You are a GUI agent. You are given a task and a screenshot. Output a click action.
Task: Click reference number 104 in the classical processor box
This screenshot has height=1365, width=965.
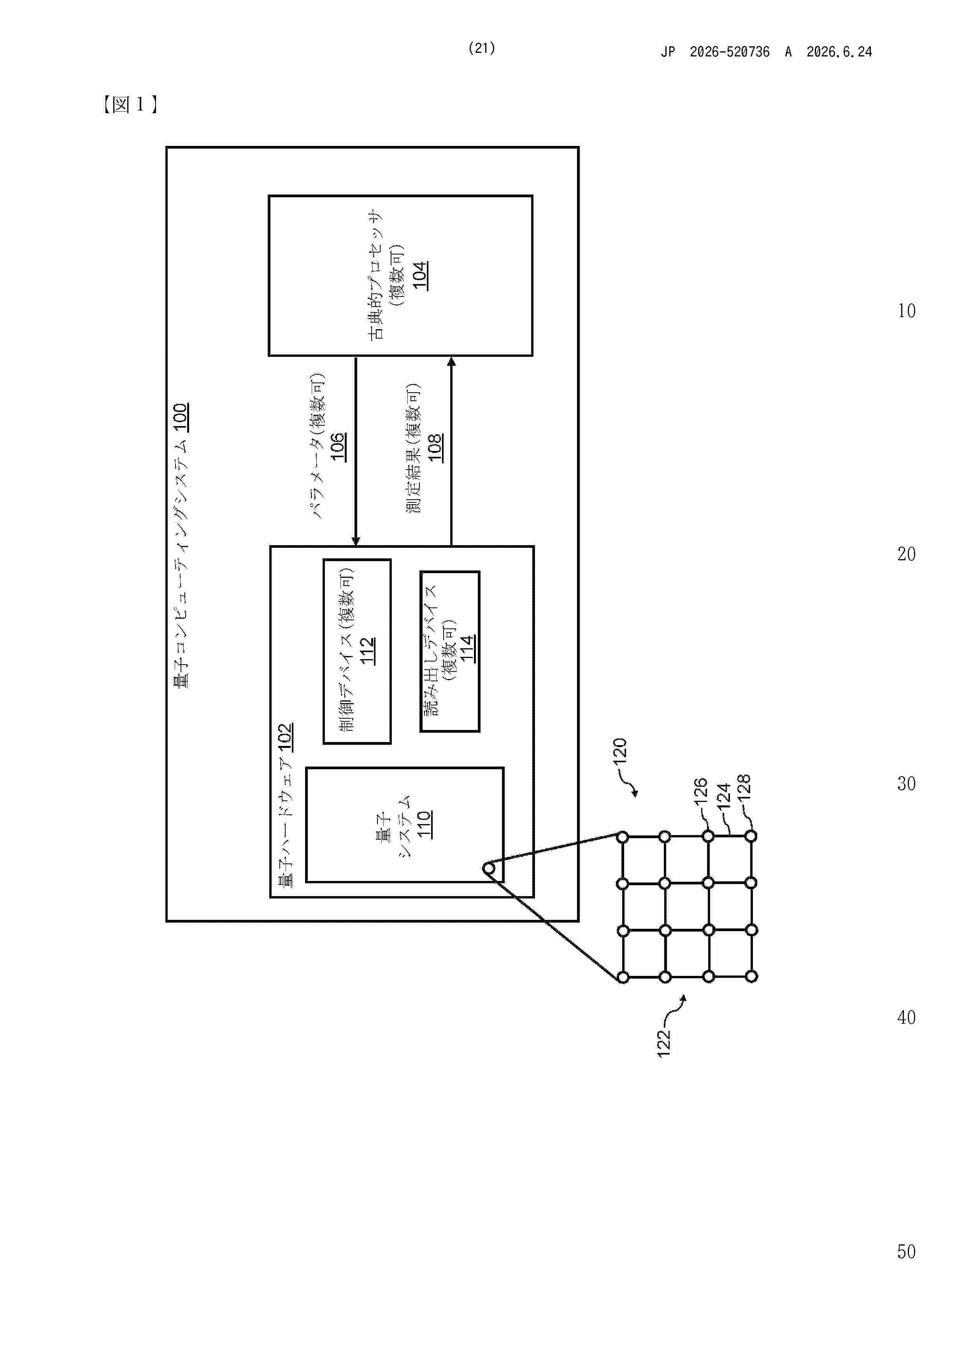(x=420, y=275)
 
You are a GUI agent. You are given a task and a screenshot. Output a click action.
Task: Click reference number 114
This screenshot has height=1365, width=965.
(x=467, y=649)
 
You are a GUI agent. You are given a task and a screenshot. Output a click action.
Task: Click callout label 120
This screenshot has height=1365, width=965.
(x=620, y=751)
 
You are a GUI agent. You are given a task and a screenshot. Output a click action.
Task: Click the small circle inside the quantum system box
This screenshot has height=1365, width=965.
(x=488, y=868)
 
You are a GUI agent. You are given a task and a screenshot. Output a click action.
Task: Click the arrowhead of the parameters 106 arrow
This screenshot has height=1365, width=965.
(x=356, y=540)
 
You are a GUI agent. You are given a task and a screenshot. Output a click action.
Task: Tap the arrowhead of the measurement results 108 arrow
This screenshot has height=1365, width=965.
(x=451, y=361)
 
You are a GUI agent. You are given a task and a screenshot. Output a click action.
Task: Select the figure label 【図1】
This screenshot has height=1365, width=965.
(x=129, y=105)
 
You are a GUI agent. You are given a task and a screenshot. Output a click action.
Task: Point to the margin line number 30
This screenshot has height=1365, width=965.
(x=906, y=784)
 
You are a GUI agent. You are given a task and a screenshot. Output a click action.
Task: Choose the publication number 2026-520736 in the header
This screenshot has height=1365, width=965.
(x=730, y=52)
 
